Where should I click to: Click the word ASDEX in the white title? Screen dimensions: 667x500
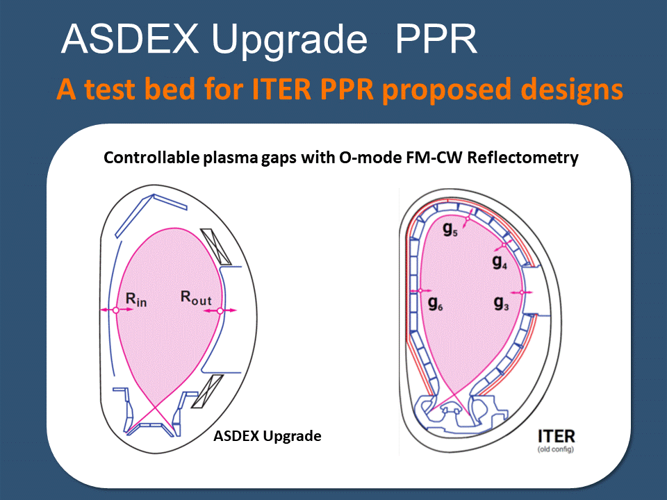click(x=130, y=39)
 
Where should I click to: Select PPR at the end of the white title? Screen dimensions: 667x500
click(x=436, y=39)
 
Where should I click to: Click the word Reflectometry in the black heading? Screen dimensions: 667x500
click(x=522, y=158)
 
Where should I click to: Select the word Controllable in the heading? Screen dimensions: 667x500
click(x=151, y=158)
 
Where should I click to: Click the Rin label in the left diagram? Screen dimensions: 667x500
click(x=136, y=299)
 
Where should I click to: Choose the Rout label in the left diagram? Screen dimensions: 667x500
click(x=196, y=298)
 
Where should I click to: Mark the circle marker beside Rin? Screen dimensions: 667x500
click(x=116, y=310)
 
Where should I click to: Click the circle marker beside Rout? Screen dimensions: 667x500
click(x=220, y=311)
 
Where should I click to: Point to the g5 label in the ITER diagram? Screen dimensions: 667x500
click(x=450, y=230)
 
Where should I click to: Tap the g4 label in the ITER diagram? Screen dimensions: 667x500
click(x=500, y=262)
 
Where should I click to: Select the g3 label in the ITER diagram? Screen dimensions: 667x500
click(x=502, y=303)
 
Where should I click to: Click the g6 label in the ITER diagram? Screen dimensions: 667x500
click(x=435, y=303)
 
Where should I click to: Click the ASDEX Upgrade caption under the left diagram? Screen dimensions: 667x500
click(x=267, y=436)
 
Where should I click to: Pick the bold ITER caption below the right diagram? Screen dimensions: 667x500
click(x=557, y=436)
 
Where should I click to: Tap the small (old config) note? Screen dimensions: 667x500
click(x=556, y=449)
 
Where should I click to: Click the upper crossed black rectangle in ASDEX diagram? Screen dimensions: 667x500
click(x=215, y=247)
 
